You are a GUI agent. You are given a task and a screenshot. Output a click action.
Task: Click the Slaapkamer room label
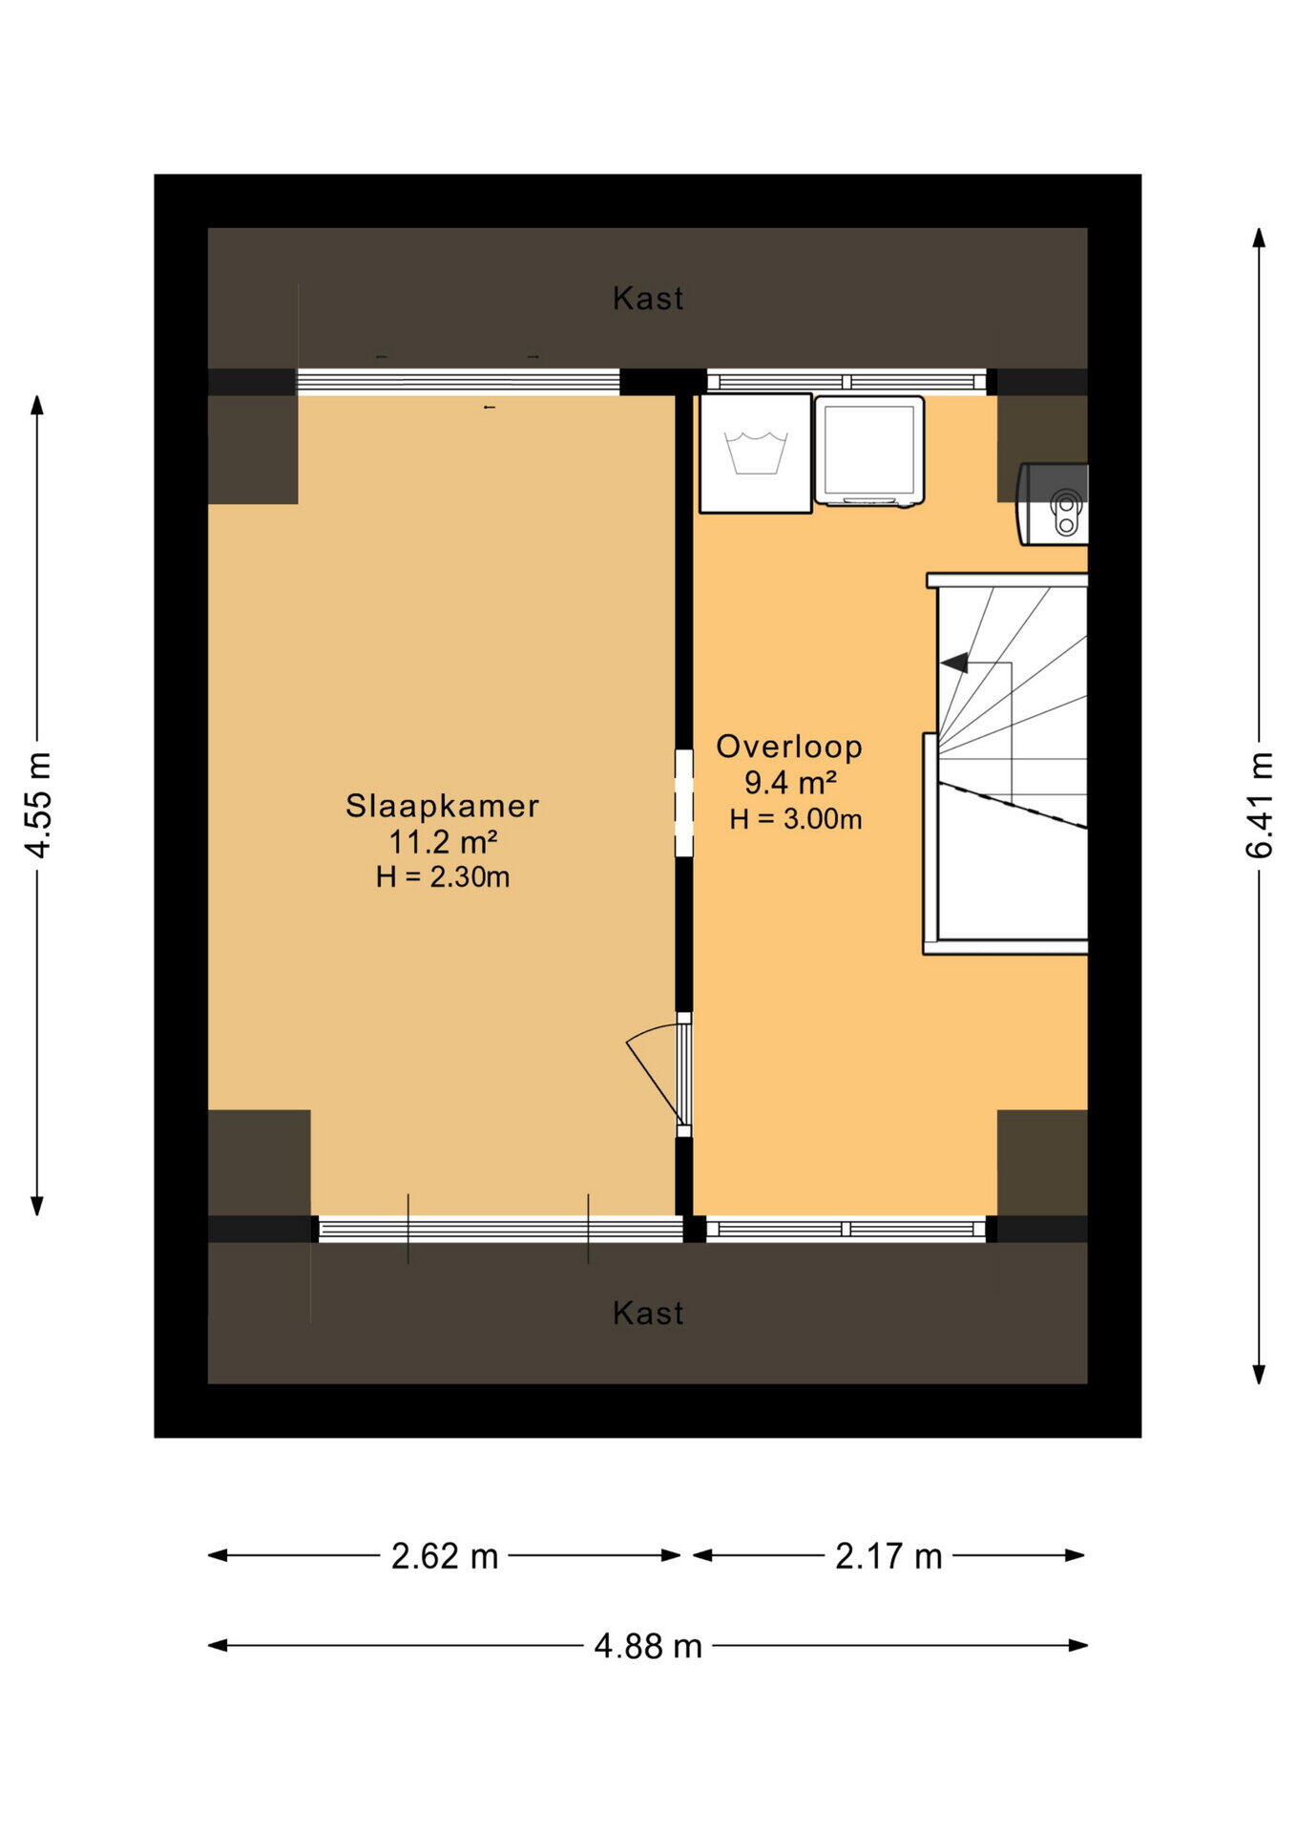pyautogui.click(x=442, y=806)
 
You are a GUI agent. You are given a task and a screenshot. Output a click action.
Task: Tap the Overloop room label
pyautogui.click(x=789, y=747)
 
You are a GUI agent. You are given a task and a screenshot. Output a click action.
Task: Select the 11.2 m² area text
pyautogui.click(x=442, y=842)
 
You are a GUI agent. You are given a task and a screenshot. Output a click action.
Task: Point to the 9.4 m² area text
pyautogui.click(x=790, y=783)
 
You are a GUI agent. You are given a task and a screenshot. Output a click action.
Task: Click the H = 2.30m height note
pyautogui.click(x=443, y=876)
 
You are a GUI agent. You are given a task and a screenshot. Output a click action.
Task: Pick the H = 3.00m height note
pyautogui.click(x=796, y=819)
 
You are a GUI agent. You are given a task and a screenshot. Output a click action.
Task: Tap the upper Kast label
pyautogui.click(x=648, y=299)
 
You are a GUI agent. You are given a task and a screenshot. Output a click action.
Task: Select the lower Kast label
pyautogui.click(x=648, y=1314)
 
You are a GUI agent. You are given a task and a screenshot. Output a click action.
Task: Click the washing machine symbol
pyautogui.click(x=756, y=453)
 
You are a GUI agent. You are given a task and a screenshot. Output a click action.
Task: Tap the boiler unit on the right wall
pyautogui.click(x=1054, y=504)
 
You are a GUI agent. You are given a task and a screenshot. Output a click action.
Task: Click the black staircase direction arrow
pyautogui.click(x=954, y=662)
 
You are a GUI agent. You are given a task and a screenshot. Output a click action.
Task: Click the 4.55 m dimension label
pyautogui.click(x=38, y=805)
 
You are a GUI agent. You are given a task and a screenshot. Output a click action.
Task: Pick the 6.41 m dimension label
pyautogui.click(x=1259, y=805)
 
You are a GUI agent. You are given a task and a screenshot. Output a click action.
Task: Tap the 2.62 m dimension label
pyautogui.click(x=445, y=1556)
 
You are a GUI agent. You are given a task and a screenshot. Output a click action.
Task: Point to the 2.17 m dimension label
pyautogui.click(x=888, y=1556)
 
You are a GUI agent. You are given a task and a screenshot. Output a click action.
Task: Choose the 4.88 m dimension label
pyautogui.click(x=648, y=1646)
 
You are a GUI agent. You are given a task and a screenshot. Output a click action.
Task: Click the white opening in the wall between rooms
pyautogui.click(x=684, y=803)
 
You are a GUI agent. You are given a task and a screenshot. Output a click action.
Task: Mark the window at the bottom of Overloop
pyautogui.click(x=846, y=1229)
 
